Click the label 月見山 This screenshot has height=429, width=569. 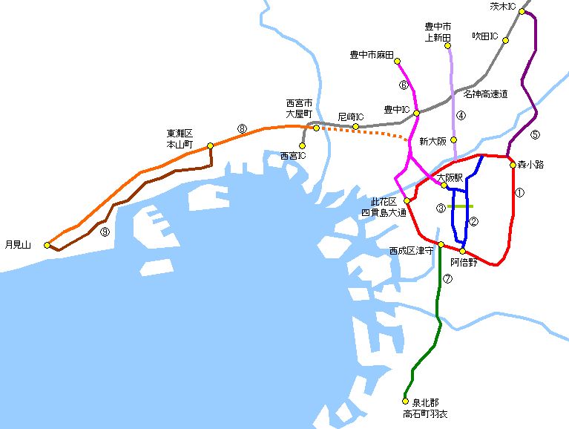tap(18, 243)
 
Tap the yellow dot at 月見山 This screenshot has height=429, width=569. tap(47, 244)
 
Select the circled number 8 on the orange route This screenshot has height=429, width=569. tap(241, 128)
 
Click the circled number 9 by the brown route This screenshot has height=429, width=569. tap(105, 232)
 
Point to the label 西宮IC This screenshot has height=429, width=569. tap(292, 156)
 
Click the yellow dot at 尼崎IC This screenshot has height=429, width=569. tap(355, 127)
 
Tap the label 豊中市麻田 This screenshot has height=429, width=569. tap(371, 54)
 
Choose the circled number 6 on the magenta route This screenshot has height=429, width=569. tap(404, 85)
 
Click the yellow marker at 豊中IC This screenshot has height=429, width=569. tap(416, 113)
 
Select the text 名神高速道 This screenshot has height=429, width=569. tap(485, 94)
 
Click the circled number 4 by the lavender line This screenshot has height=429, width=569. tap(461, 115)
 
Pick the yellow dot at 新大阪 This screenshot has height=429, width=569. tap(453, 140)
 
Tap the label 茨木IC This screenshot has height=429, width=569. tap(503, 6)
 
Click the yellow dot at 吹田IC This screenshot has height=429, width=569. tap(506, 40)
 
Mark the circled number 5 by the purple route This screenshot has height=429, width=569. tap(536, 134)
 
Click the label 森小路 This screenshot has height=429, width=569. tap(530, 165)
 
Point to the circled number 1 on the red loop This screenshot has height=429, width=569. tap(519, 192)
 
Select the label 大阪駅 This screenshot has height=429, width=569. tap(449, 177)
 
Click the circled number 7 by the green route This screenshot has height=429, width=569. tap(447, 279)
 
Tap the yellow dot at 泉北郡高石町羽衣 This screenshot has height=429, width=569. tap(405, 401)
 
